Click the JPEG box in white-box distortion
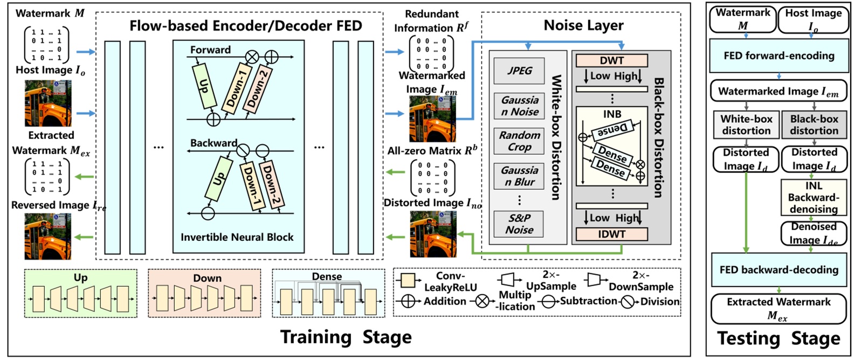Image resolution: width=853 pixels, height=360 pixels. (519, 71)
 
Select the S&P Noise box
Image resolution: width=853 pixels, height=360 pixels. (519, 224)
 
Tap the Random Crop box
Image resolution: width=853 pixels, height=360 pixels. (519, 141)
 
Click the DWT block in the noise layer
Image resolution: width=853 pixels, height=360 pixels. (611, 61)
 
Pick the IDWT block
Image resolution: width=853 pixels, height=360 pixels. (611, 234)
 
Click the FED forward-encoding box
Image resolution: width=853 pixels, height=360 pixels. (779, 56)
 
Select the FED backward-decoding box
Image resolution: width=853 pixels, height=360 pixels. (779, 269)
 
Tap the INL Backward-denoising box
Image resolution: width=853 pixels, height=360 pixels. (813, 197)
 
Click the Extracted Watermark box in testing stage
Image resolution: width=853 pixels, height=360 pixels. (778, 308)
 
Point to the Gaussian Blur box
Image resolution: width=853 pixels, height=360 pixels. (519, 176)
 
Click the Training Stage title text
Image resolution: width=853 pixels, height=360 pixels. (346, 337)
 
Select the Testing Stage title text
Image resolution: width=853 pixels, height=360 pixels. (778, 338)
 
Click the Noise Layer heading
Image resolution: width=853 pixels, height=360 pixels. (583, 25)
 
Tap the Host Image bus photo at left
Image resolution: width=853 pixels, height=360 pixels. (47, 103)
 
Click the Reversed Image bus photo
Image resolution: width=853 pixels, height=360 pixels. (47, 236)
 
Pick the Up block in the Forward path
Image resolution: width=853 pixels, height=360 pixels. (204, 85)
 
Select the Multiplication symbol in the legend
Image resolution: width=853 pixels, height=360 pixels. (481, 301)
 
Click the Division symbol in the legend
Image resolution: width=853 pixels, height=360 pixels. (628, 301)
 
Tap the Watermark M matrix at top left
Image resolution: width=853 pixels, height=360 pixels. (46, 44)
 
